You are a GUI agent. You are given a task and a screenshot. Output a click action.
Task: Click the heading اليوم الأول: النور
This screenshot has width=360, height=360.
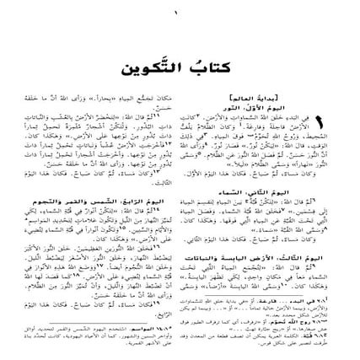coord(302,109)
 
